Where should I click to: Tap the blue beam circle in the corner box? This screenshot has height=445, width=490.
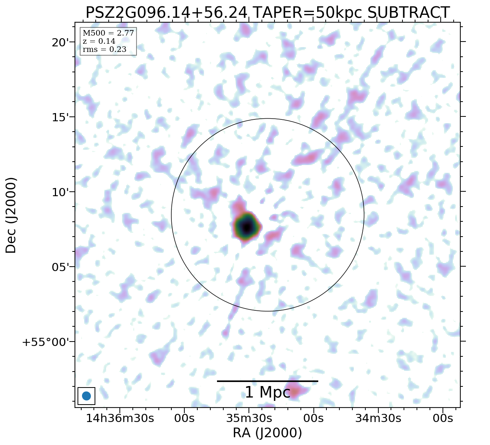[86, 396]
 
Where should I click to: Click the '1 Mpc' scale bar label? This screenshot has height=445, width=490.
[267, 392]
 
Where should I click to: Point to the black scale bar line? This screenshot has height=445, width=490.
[267, 381]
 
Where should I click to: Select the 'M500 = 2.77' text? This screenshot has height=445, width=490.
[108, 33]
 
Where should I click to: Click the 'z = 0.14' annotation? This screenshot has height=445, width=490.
[99, 41]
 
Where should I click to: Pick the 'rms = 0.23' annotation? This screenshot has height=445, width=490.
[104, 49]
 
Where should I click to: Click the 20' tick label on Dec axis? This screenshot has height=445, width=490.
[60, 42]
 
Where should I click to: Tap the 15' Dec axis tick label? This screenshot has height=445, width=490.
[60, 117]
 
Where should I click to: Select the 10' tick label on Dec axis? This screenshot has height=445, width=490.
[60, 192]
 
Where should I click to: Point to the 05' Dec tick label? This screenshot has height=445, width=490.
[60, 267]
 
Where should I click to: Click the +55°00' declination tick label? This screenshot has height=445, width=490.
[46, 342]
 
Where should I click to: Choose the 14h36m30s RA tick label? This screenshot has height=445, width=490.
[120, 418]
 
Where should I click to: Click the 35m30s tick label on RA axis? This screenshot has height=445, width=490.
[249, 418]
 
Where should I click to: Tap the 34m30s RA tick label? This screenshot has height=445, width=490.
[378, 418]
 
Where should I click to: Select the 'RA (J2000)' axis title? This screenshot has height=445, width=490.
[267, 433]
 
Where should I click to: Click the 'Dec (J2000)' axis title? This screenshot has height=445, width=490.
[11, 215]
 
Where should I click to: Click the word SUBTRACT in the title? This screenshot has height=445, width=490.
[408, 13]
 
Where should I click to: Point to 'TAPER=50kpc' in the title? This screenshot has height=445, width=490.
[308, 13]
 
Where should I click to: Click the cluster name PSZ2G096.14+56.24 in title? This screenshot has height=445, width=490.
[166, 13]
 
